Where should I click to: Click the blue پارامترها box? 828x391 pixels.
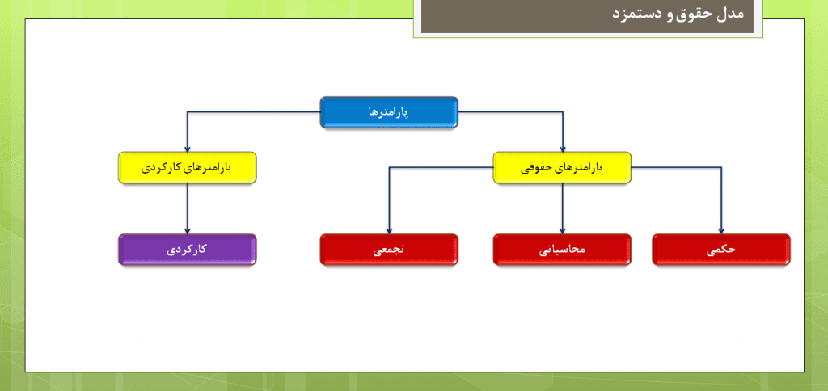tap(389, 112)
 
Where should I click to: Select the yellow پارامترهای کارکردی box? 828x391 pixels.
tap(188, 168)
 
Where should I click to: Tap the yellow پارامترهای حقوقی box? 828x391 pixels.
tap(562, 168)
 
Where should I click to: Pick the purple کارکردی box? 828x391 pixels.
tap(188, 250)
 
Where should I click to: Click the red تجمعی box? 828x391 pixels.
tap(389, 250)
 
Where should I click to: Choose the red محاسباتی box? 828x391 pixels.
tap(562, 250)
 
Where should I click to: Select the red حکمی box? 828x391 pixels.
tap(721, 250)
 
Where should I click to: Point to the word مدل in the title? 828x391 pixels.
tap(729, 13)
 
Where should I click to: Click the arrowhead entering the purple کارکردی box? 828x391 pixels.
tap(188, 230)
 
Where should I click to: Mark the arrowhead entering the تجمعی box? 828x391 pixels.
tap(389, 230)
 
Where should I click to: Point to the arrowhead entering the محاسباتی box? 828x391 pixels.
tap(563, 230)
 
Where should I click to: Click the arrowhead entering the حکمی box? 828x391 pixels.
tap(721, 230)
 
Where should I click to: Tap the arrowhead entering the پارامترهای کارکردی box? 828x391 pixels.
tap(188, 149)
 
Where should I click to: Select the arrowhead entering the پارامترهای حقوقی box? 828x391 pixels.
tap(563, 149)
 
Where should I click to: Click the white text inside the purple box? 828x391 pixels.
tap(187, 250)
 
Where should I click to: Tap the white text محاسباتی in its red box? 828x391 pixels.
tap(563, 250)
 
